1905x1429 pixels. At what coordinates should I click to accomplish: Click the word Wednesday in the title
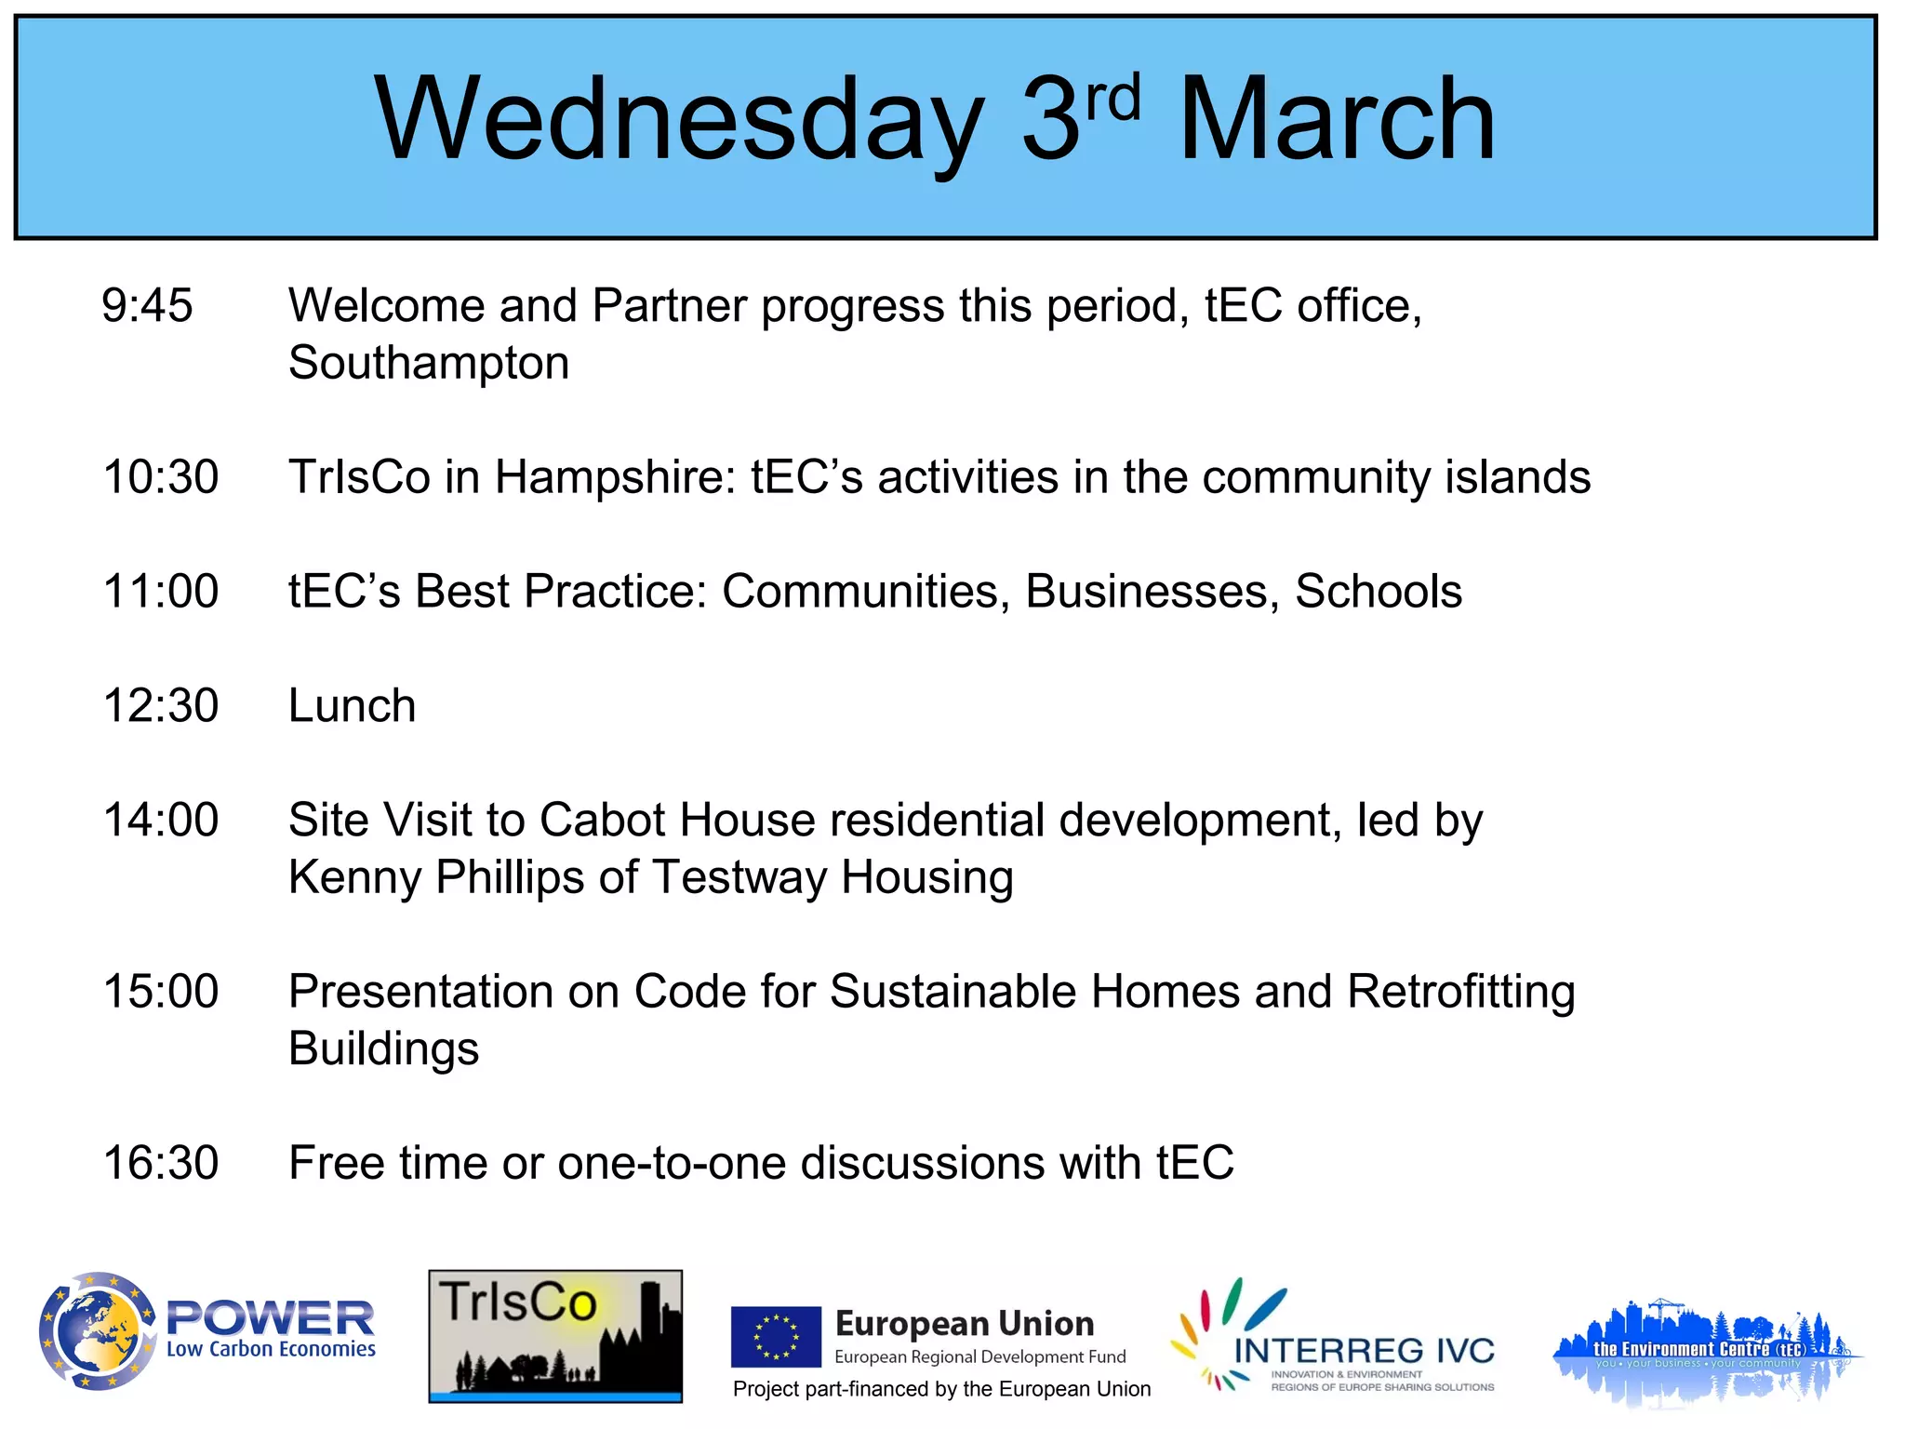[x=677, y=121]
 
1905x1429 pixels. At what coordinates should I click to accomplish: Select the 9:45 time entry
[x=147, y=305]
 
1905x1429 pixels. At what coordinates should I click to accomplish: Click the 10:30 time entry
[x=160, y=476]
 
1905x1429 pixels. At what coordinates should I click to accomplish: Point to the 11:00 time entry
[x=160, y=591]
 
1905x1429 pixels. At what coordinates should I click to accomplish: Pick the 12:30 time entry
[x=160, y=705]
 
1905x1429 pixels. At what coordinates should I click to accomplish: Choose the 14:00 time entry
[x=160, y=820]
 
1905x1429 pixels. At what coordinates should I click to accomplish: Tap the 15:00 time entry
[x=160, y=991]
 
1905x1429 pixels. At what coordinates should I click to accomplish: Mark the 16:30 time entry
[x=160, y=1162]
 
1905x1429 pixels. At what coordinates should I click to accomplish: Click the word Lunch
[x=352, y=705]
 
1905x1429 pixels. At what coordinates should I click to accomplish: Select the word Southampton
[x=428, y=363]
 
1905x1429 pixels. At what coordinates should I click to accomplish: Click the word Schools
[x=1378, y=591]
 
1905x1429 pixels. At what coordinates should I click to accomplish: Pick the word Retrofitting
[x=1460, y=991]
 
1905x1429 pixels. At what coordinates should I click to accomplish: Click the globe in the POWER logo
[x=95, y=1331]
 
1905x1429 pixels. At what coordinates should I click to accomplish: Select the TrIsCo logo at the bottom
[x=554, y=1335]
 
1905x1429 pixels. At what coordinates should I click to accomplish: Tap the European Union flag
[x=775, y=1336]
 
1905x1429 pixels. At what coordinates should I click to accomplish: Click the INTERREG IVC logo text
[x=1363, y=1351]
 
